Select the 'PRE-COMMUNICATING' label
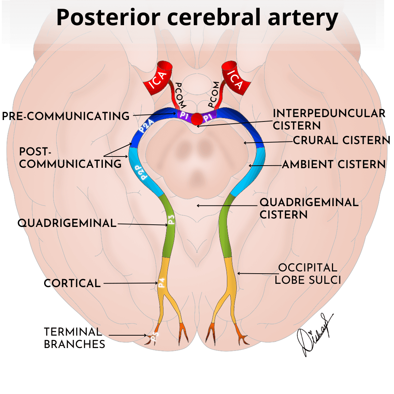pyautogui.click(x=66, y=116)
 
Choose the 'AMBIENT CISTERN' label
pyautogui.click(x=334, y=165)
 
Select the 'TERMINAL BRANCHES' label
pyautogui.click(x=73, y=338)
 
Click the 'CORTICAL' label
pyautogui.click(x=72, y=283)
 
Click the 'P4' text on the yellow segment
pyautogui.click(x=162, y=283)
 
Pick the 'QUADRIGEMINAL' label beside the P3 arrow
pyautogui.click(x=67, y=223)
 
